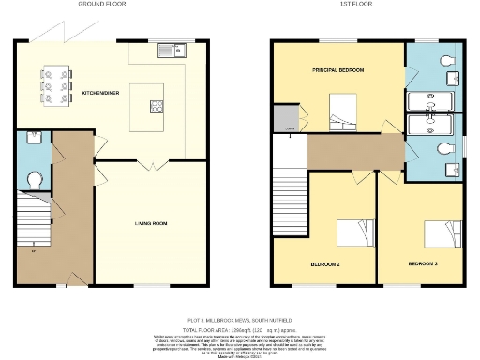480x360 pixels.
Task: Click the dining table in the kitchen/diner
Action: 48,85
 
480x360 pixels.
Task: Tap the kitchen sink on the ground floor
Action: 170,51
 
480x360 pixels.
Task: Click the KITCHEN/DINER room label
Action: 99,94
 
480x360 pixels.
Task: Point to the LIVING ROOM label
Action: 146,223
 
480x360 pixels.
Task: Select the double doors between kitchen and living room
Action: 146,165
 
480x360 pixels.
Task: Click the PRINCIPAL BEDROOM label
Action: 337,71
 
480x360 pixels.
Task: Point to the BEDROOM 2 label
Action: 324,265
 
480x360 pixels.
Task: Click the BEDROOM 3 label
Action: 424,265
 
